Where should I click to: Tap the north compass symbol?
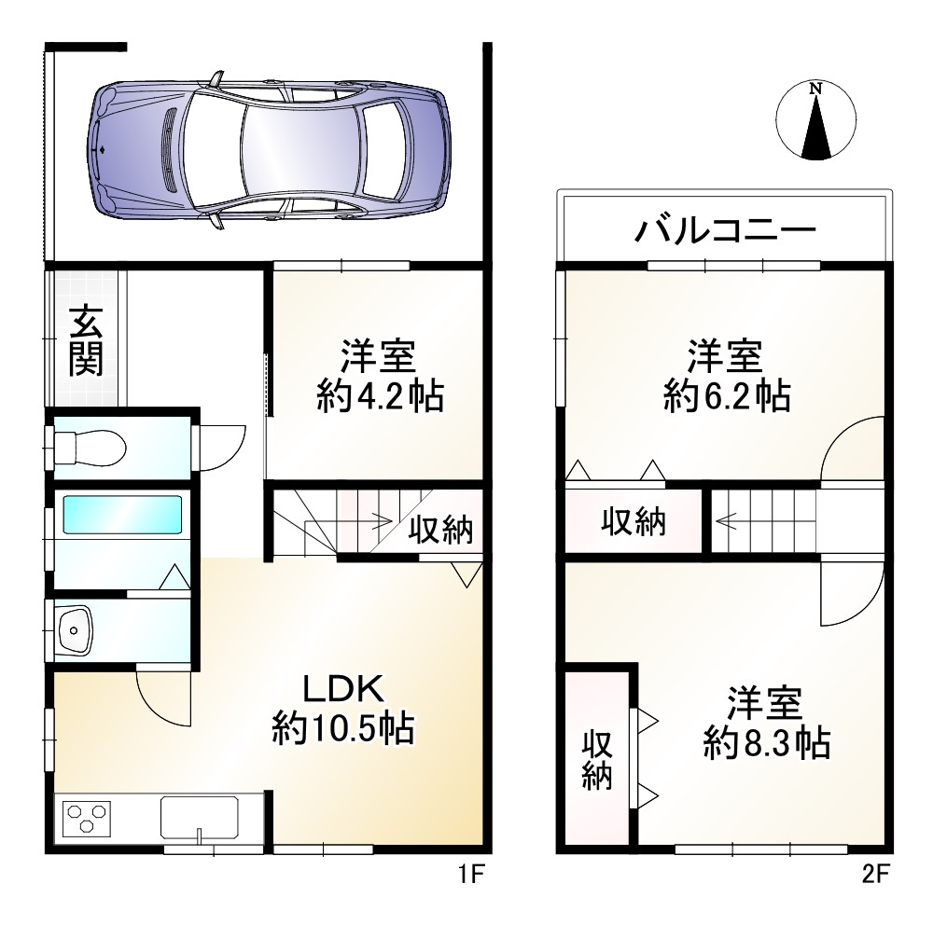pos(815,120)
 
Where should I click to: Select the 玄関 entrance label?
pos(85,340)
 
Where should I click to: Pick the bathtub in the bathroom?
pos(122,514)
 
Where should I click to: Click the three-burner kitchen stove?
pos(87,819)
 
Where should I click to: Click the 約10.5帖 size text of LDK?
pos(343,726)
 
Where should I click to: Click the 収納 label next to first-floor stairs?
pos(441,530)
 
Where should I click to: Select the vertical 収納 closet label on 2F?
pos(598,760)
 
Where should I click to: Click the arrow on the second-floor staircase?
pos(737,523)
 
